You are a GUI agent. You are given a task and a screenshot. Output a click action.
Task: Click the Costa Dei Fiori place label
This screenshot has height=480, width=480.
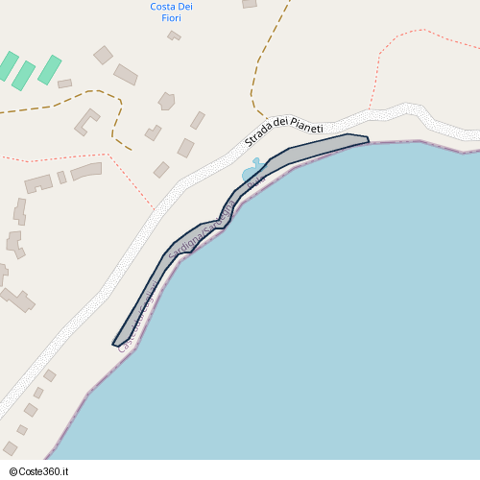click(172, 12)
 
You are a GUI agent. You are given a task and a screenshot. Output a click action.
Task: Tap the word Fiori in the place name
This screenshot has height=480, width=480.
click(172, 17)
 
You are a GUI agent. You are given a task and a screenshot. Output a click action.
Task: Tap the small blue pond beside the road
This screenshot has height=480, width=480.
click(252, 173)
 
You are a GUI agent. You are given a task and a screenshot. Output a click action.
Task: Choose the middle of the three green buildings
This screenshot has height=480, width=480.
click(24, 75)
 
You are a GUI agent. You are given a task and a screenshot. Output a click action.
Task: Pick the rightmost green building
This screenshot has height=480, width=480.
click(49, 69)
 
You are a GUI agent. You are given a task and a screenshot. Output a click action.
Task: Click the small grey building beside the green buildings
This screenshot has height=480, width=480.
click(64, 84)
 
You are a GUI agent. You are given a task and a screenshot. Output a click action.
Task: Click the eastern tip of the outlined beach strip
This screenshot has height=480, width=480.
click(367, 141)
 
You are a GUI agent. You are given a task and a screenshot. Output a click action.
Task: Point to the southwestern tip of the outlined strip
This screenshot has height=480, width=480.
click(116, 343)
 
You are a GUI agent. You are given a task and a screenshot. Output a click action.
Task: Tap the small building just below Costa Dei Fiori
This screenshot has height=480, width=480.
click(174, 36)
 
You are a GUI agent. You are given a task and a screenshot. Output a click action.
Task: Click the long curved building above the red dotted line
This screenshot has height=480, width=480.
click(86, 170)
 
